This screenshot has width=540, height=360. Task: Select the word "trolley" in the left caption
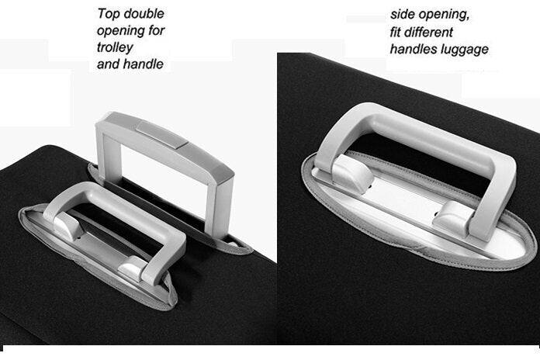pos(115,47)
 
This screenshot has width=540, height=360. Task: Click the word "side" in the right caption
pos(403,15)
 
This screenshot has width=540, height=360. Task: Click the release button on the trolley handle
pos(162,134)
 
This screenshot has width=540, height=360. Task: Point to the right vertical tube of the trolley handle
pos(220,206)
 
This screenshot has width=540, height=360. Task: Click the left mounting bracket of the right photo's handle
pos(352,174)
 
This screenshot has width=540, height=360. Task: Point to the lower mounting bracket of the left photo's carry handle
pos(131,269)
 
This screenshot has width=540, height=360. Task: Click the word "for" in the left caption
pos(157,30)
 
